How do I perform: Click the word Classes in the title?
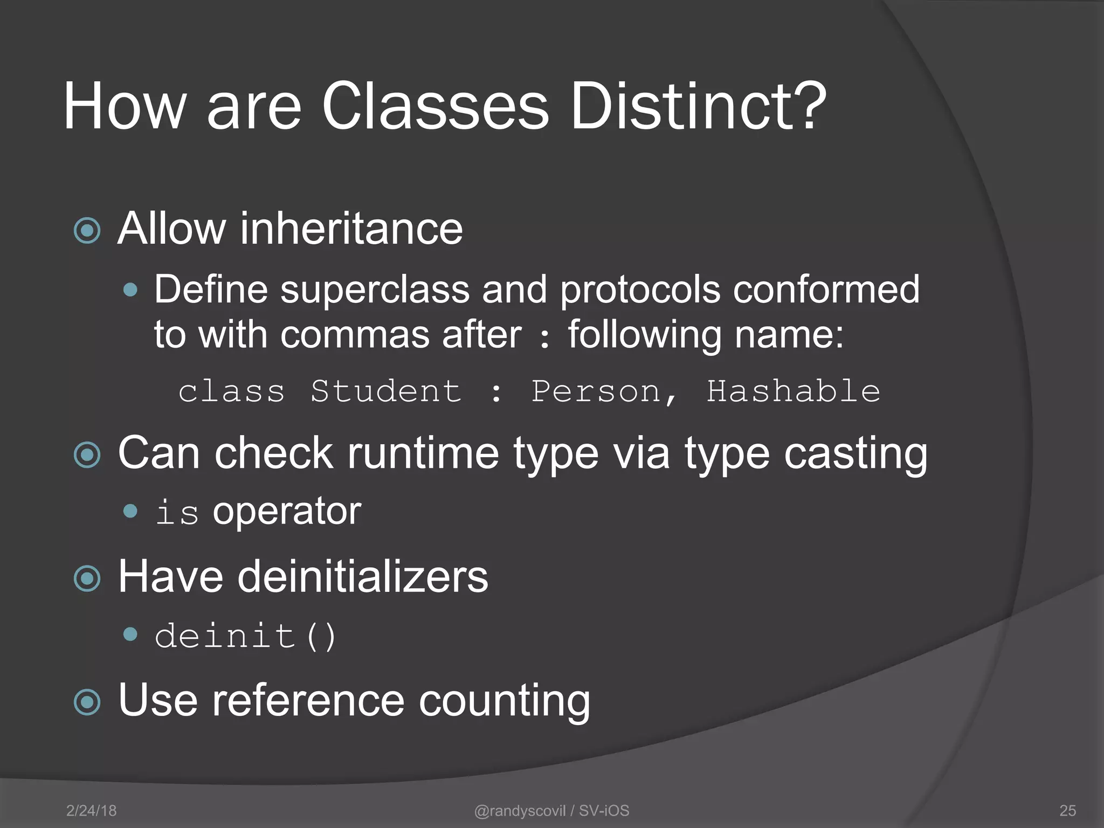coord(435,106)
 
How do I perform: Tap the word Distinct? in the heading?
coord(698,106)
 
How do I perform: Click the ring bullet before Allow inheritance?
coord(87,231)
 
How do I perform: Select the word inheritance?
coord(351,229)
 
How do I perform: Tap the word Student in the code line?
coord(386,391)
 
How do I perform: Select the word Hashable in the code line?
coord(793,391)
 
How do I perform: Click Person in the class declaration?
coord(596,391)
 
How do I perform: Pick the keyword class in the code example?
coord(232,391)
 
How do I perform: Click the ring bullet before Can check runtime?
coord(87,454)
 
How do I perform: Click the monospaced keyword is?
coord(177,512)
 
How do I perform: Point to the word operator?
coord(287,511)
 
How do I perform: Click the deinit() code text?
coord(245,636)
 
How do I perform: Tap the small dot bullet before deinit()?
coord(130,634)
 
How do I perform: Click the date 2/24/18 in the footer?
coord(91,810)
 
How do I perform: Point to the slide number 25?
coord(1067,810)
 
